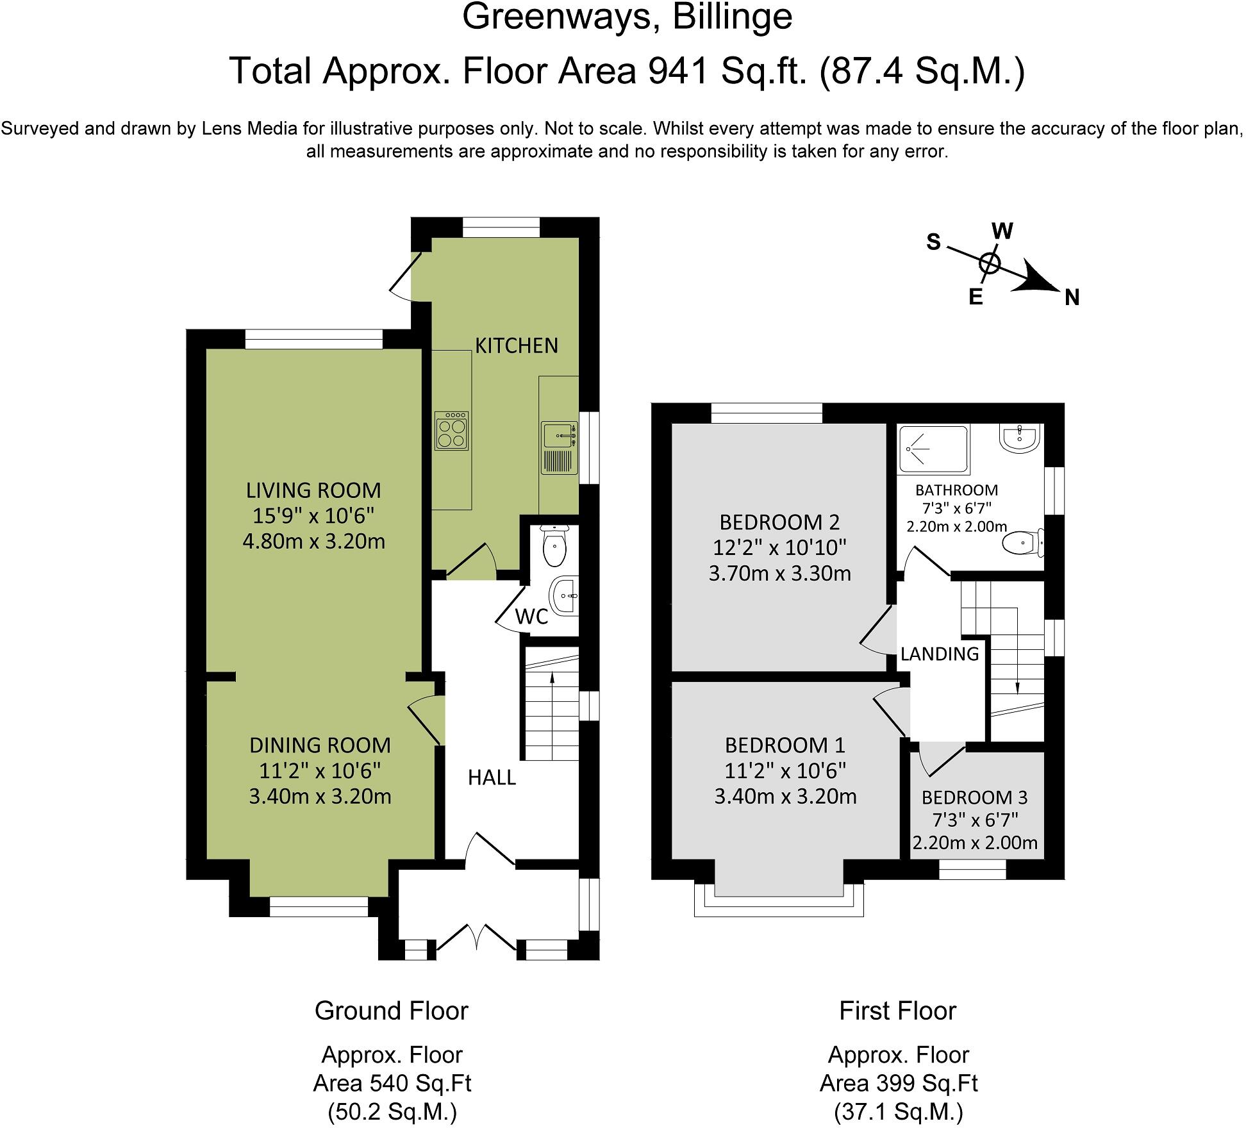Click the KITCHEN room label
(517, 345)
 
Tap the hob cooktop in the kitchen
(452, 430)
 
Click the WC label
(532, 617)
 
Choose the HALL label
(492, 777)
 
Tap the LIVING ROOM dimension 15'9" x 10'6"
(314, 516)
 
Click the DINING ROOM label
(320, 745)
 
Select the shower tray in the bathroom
(933, 450)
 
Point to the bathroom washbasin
(1018, 439)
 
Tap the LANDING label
(940, 654)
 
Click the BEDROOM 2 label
(779, 522)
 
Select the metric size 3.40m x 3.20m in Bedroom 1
(785, 797)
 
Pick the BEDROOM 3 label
(974, 798)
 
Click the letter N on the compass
(1072, 298)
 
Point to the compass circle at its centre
(990, 263)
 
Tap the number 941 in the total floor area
(678, 70)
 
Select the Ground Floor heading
(392, 1011)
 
